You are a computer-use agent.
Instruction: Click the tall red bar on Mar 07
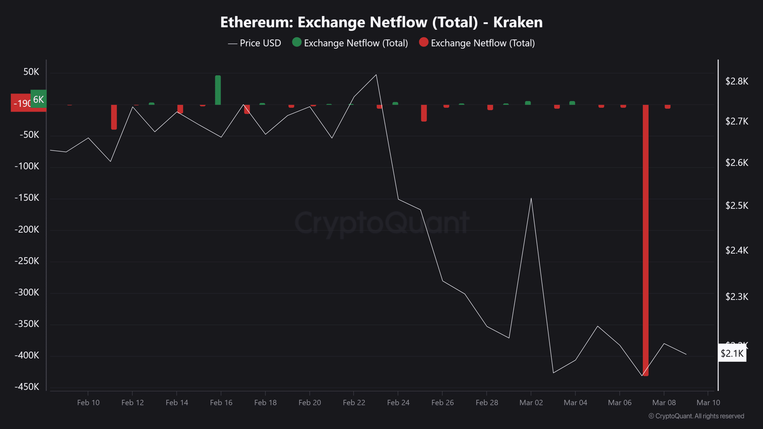[645, 238]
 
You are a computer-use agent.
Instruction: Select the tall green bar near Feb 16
[218, 90]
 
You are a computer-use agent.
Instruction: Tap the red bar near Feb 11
[114, 117]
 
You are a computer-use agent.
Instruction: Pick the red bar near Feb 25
[424, 113]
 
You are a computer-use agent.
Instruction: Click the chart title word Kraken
[517, 22]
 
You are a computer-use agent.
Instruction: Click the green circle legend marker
[297, 42]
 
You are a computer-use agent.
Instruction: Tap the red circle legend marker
[423, 42]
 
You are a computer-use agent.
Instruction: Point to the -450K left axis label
[27, 387]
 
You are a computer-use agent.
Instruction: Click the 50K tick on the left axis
[31, 72]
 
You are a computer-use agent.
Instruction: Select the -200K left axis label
[27, 229]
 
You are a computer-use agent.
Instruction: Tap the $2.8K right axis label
[736, 82]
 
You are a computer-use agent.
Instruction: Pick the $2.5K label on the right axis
[736, 205]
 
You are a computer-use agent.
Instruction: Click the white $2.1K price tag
[732, 353]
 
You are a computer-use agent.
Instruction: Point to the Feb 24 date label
[398, 403]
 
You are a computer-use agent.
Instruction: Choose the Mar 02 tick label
[531, 403]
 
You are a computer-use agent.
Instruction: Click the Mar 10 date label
[708, 403]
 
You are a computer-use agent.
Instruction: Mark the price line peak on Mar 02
[531, 198]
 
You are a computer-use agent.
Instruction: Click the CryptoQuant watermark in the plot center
[381, 223]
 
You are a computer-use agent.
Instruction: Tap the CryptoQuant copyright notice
[696, 416]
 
